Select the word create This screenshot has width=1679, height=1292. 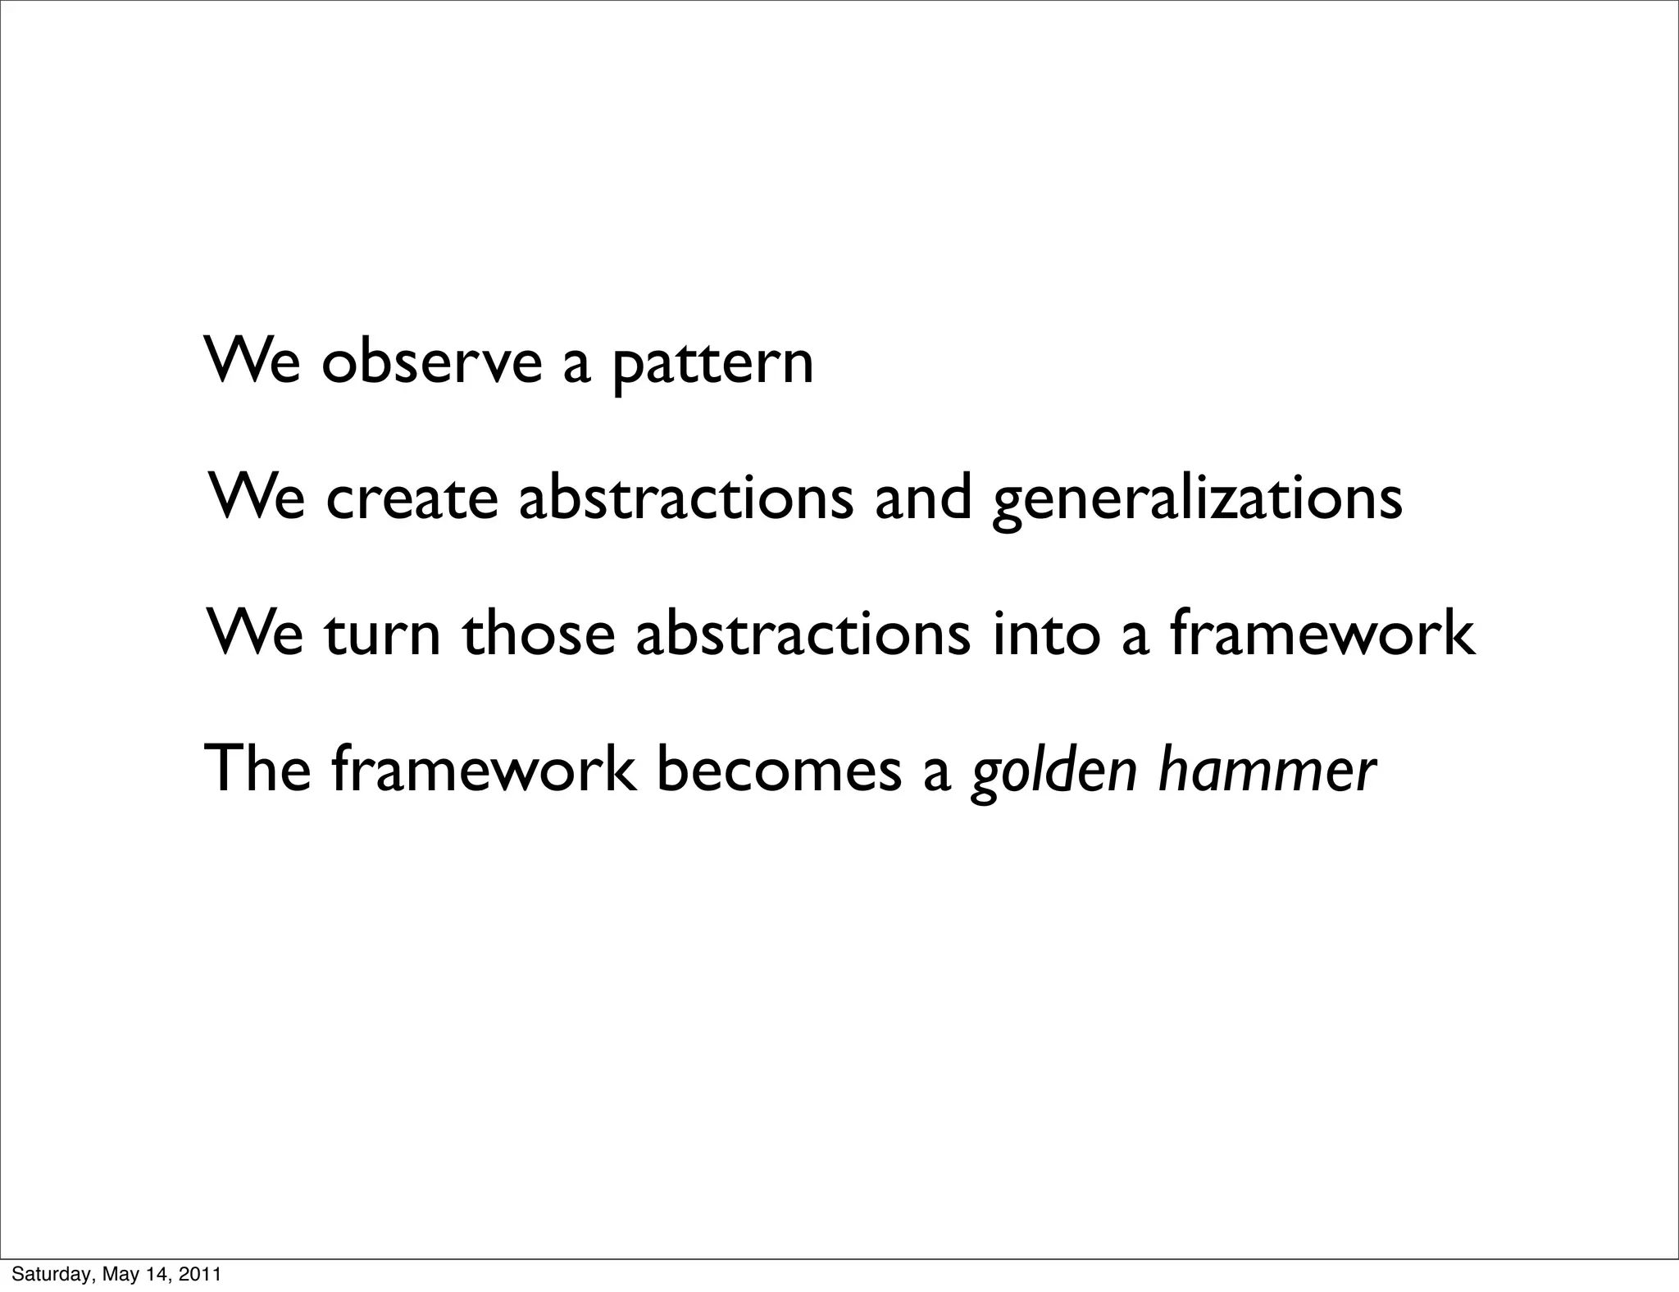[x=412, y=498]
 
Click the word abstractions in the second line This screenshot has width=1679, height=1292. [x=685, y=498]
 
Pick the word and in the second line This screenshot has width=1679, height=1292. [x=922, y=498]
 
